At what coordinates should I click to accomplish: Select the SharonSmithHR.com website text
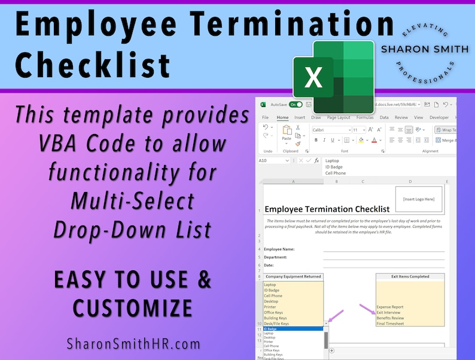coord(133,344)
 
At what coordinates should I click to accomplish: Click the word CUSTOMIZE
coord(133,308)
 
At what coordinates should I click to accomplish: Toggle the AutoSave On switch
coord(296,104)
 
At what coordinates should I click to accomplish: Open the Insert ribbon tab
coord(300,118)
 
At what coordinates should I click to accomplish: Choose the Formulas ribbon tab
coord(364,118)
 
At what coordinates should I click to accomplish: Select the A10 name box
coord(267,161)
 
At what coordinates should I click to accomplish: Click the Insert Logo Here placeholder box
coord(419,199)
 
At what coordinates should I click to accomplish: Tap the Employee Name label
coord(279,249)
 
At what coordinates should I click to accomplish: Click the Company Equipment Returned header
coord(293,277)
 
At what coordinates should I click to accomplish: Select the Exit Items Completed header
coord(411,277)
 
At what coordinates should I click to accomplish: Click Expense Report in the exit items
coord(390,307)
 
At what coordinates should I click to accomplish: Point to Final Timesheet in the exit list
coord(390,324)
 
